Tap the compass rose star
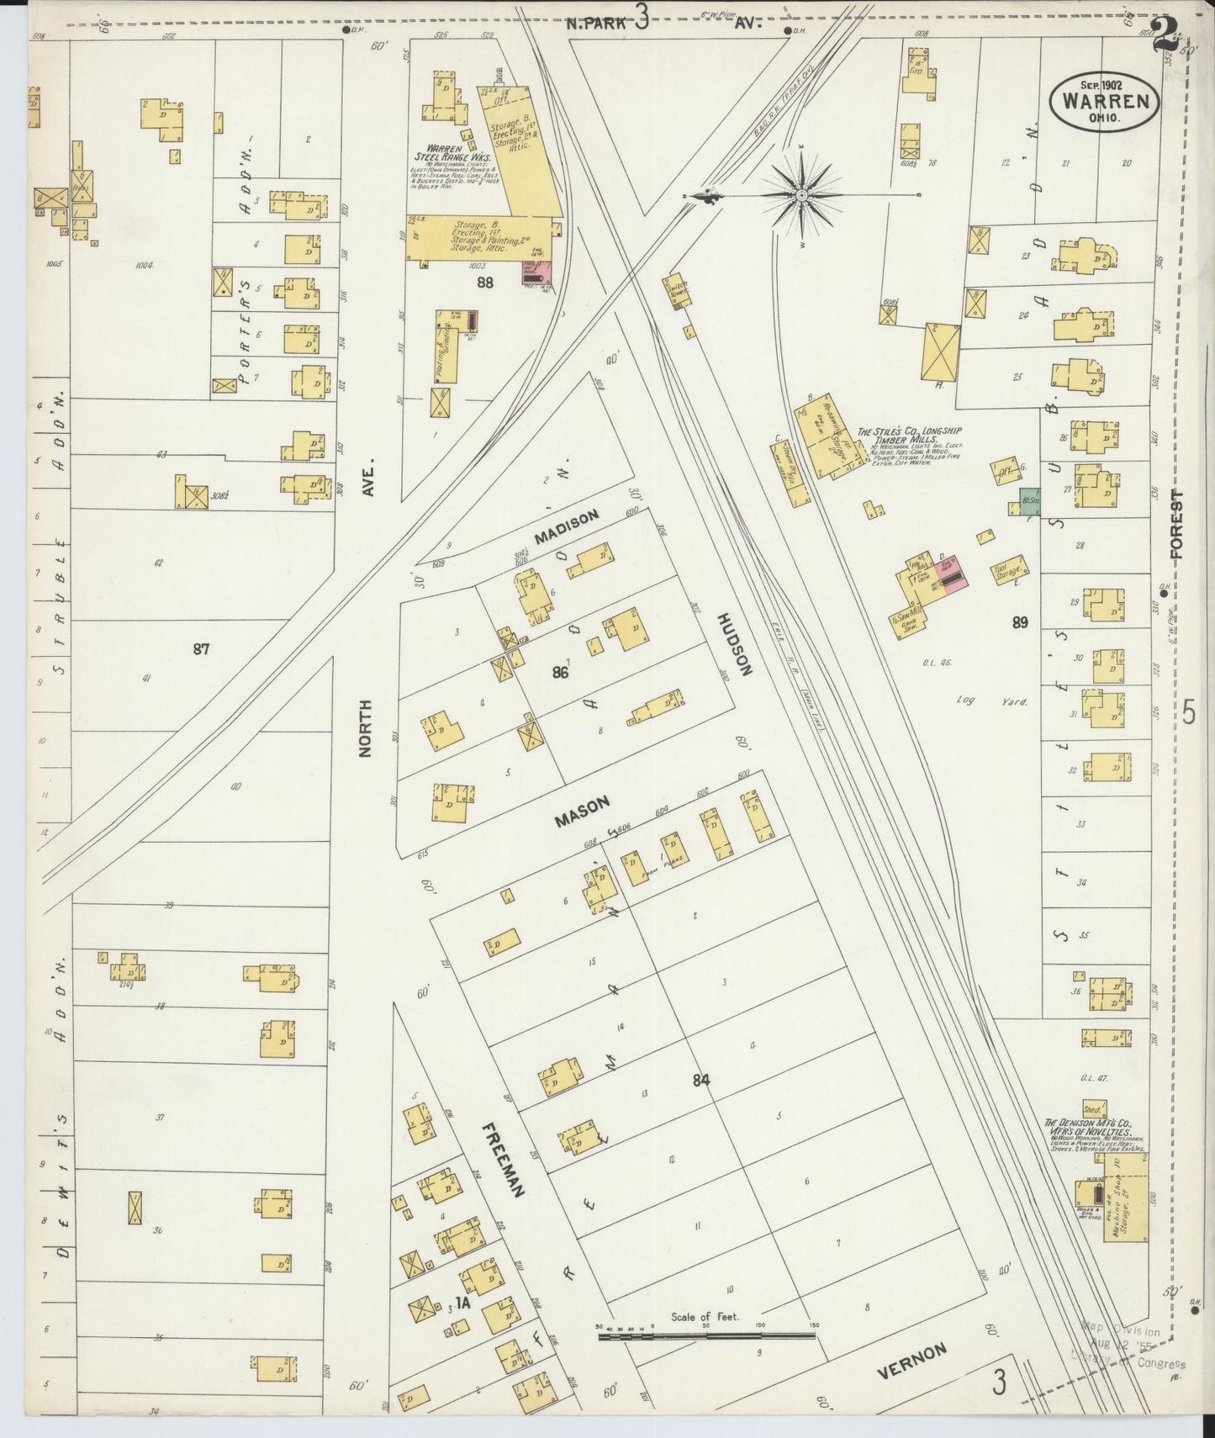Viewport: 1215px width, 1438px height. pos(801,195)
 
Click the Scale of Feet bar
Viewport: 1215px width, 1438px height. pos(706,1335)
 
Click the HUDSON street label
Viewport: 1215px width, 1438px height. pos(733,643)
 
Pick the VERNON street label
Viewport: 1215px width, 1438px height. pos(912,1361)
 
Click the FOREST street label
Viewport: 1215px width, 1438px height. pos(1175,525)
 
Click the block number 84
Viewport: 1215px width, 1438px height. pos(702,1080)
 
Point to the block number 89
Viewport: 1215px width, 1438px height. pos(1020,622)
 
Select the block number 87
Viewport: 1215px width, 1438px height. pos(200,648)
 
